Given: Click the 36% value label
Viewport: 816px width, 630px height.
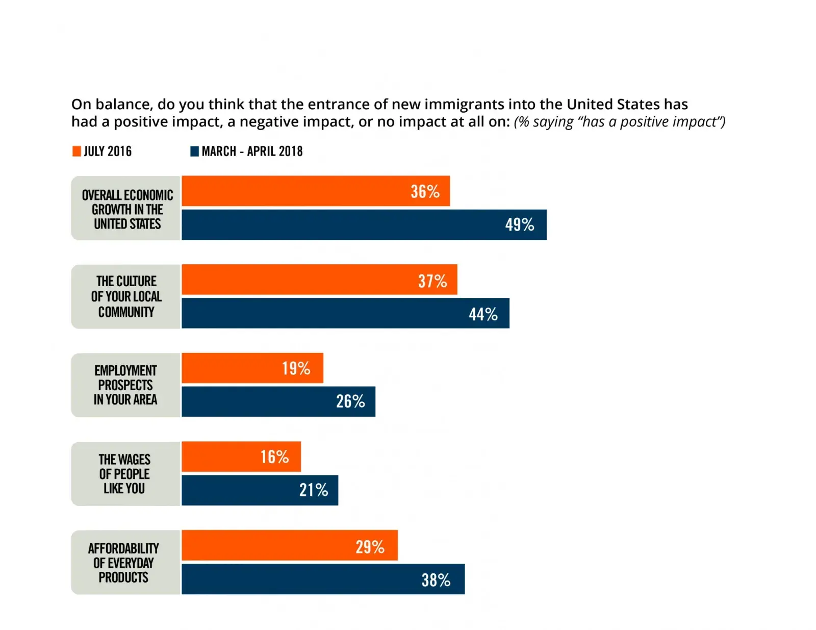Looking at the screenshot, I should point(425,191).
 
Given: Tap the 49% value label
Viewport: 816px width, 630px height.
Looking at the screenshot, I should point(519,224).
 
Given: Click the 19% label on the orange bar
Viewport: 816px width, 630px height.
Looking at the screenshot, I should point(296,368).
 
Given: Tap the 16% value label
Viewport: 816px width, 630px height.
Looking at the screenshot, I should point(274,457).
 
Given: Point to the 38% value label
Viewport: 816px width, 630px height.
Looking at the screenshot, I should point(436,580).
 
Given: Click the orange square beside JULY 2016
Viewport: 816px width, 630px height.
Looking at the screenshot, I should point(76,152).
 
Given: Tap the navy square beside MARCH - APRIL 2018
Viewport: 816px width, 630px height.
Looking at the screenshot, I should point(194,152).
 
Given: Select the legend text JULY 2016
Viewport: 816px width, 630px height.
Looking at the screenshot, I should point(108,152).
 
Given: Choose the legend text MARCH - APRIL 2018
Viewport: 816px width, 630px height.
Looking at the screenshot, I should point(252,152).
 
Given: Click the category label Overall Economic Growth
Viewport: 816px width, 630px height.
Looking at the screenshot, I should point(127,209).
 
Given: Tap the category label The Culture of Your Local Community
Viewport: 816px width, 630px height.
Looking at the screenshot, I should point(126,296).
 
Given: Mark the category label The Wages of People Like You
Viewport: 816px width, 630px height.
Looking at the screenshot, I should point(124,474).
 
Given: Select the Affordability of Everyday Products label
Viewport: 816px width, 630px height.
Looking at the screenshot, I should point(123,563).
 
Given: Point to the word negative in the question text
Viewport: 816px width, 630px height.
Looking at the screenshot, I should point(269,122).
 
